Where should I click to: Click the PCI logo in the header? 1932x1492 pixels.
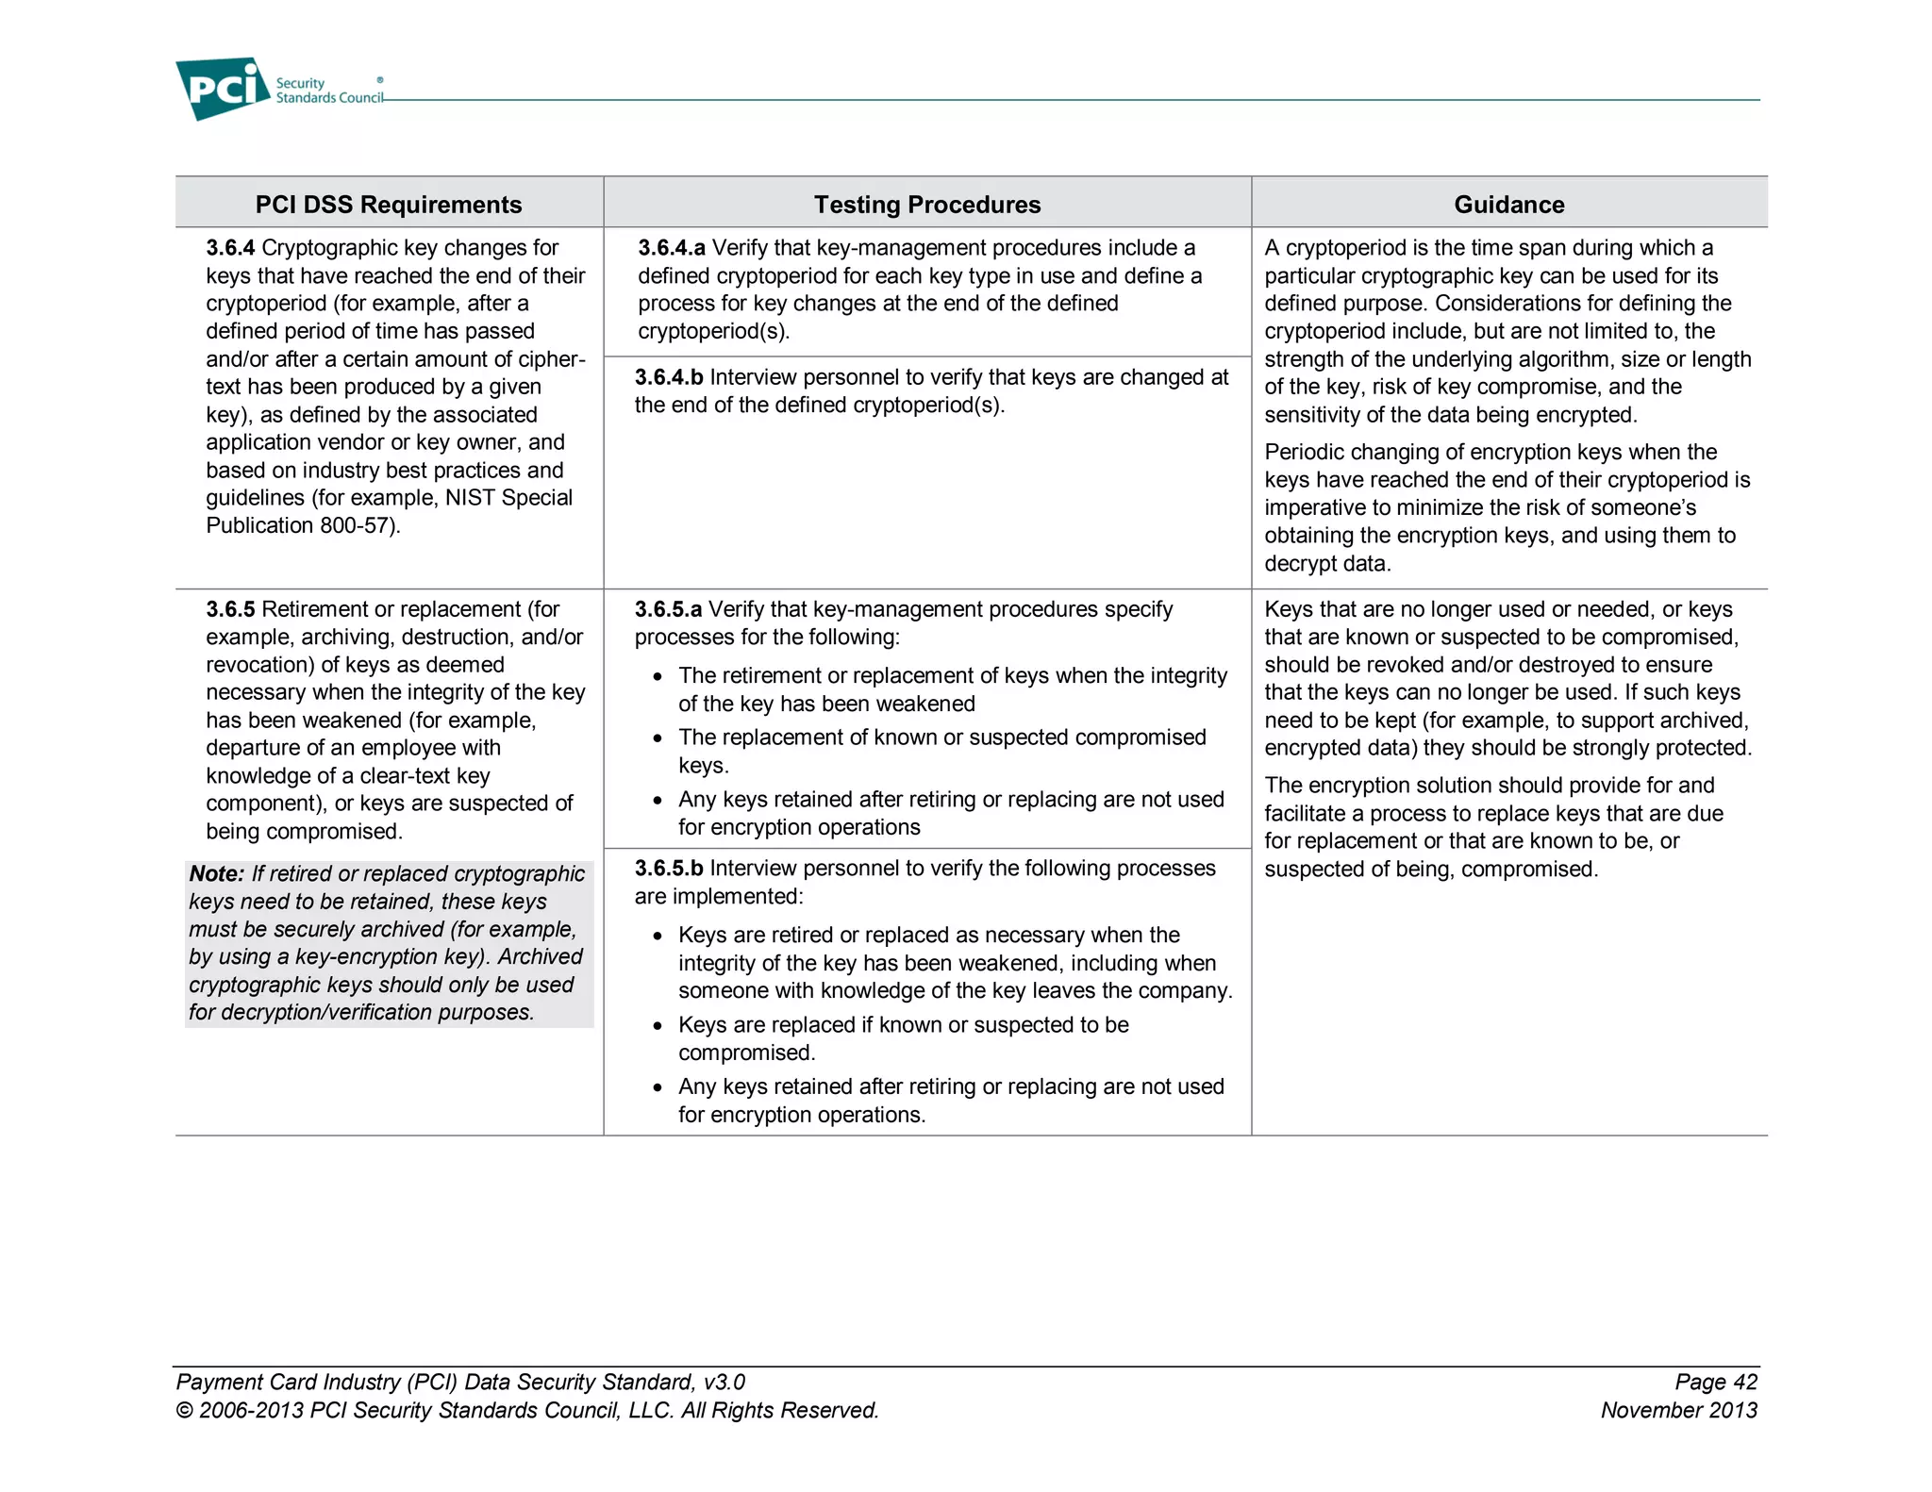(223, 89)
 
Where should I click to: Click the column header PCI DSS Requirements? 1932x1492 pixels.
(388, 205)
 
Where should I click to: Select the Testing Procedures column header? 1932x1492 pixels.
(926, 205)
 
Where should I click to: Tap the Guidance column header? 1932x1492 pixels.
(1508, 205)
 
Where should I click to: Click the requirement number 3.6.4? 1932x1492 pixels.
(230, 248)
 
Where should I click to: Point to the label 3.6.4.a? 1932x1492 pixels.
(671, 248)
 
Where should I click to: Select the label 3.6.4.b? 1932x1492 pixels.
(668, 377)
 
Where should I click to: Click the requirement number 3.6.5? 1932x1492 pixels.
(230, 609)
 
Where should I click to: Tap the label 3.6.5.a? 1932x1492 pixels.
(667, 609)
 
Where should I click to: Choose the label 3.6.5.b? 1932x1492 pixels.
(668, 868)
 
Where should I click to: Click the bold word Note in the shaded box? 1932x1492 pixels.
(216, 874)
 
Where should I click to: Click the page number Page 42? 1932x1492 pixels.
(1715, 1382)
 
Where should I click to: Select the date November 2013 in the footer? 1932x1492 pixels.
(1678, 1410)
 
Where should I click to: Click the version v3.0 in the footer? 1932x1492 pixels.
(724, 1382)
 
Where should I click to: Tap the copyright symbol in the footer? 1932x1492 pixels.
(184, 1411)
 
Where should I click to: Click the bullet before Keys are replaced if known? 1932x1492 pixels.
(658, 1026)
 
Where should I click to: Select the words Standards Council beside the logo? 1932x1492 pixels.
(328, 98)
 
